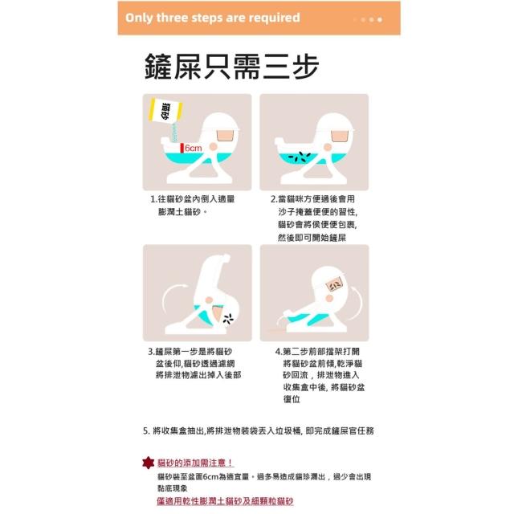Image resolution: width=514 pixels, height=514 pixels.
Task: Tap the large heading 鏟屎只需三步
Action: tap(232, 67)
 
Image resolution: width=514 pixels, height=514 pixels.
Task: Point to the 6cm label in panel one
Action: tap(193, 148)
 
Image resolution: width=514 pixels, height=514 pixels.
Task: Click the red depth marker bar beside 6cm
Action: tap(182, 148)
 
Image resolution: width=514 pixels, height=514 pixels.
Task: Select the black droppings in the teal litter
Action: tap(300, 157)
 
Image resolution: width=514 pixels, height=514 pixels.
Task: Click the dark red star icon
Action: tap(148, 463)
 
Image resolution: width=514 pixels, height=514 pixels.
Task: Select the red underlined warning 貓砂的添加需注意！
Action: tap(195, 463)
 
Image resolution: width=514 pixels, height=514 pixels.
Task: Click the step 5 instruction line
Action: tap(259, 430)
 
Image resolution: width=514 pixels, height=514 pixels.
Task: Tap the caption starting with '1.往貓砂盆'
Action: tap(193, 206)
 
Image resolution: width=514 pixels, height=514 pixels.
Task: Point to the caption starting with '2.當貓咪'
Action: tap(314, 218)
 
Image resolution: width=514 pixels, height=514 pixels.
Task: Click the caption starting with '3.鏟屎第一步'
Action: tap(194, 363)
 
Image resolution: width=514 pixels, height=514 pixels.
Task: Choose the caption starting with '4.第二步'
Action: tap(320, 375)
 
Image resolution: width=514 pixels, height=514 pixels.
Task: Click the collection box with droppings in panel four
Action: tap(335, 284)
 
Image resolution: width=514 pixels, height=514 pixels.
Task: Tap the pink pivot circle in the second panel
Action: tap(327, 148)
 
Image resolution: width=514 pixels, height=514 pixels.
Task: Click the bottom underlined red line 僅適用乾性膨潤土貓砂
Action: tap(225, 501)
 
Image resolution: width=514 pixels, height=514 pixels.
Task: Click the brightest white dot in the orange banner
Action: tap(380, 19)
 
